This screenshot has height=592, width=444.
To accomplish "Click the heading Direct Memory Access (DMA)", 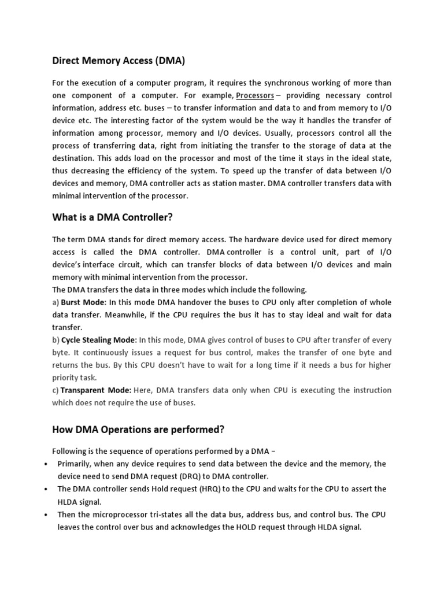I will pos(119,60).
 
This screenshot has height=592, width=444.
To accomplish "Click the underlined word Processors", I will pos(255,95).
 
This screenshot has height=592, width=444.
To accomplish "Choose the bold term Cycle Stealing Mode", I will pos(98,340).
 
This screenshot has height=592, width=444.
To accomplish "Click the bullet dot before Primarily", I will pos(46,464).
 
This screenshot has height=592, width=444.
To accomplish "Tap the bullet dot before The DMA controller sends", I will pos(46,489).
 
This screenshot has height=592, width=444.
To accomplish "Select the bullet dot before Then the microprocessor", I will pos(46,515).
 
